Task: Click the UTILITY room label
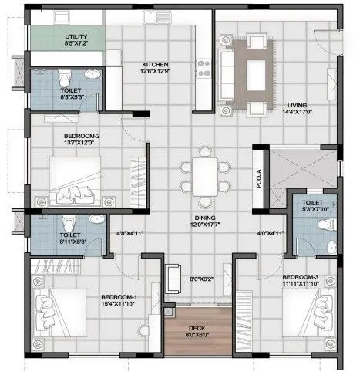coord(76,36)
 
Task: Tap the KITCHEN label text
coord(155,65)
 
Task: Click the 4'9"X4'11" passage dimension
coord(130,232)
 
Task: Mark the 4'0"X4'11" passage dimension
coord(270,232)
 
